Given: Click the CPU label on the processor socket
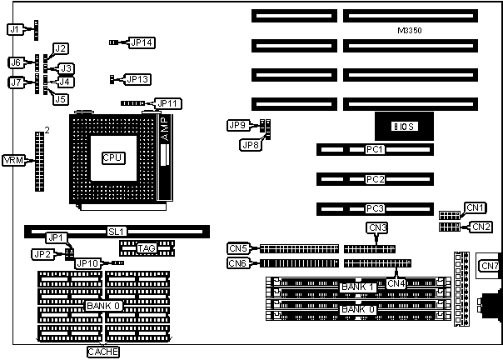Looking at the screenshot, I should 112,157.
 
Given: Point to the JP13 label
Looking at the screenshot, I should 137,79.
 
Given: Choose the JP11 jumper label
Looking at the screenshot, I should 169,103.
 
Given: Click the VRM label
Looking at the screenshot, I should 13,160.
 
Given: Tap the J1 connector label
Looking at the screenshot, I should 14,29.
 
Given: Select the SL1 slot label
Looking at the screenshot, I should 117,231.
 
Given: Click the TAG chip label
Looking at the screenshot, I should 147,247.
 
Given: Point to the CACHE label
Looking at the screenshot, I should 103,352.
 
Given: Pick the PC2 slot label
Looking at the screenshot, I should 375,179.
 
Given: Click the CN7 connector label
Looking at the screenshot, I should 490,266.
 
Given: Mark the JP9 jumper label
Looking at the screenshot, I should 237,125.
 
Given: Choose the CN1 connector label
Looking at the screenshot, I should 475,207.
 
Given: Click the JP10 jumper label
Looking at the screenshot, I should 87,263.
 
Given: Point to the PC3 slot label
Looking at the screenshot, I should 375,207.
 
